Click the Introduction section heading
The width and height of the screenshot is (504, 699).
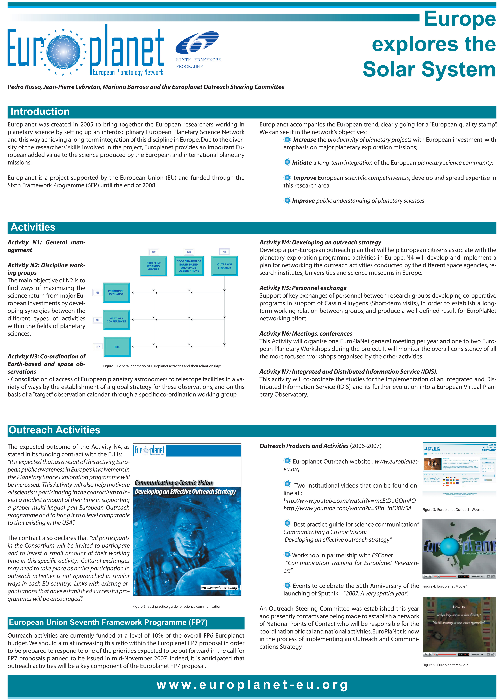(40, 112)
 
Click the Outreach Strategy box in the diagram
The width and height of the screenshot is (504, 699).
(224, 266)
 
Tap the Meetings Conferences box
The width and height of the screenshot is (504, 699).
(116, 320)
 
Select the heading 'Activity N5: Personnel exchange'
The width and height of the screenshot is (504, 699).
(303, 288)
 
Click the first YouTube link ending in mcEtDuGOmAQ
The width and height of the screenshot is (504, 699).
(349, 501)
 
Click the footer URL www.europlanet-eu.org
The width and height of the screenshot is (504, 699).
(252, 685)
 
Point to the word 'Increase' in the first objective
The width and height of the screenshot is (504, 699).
(304, 140)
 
